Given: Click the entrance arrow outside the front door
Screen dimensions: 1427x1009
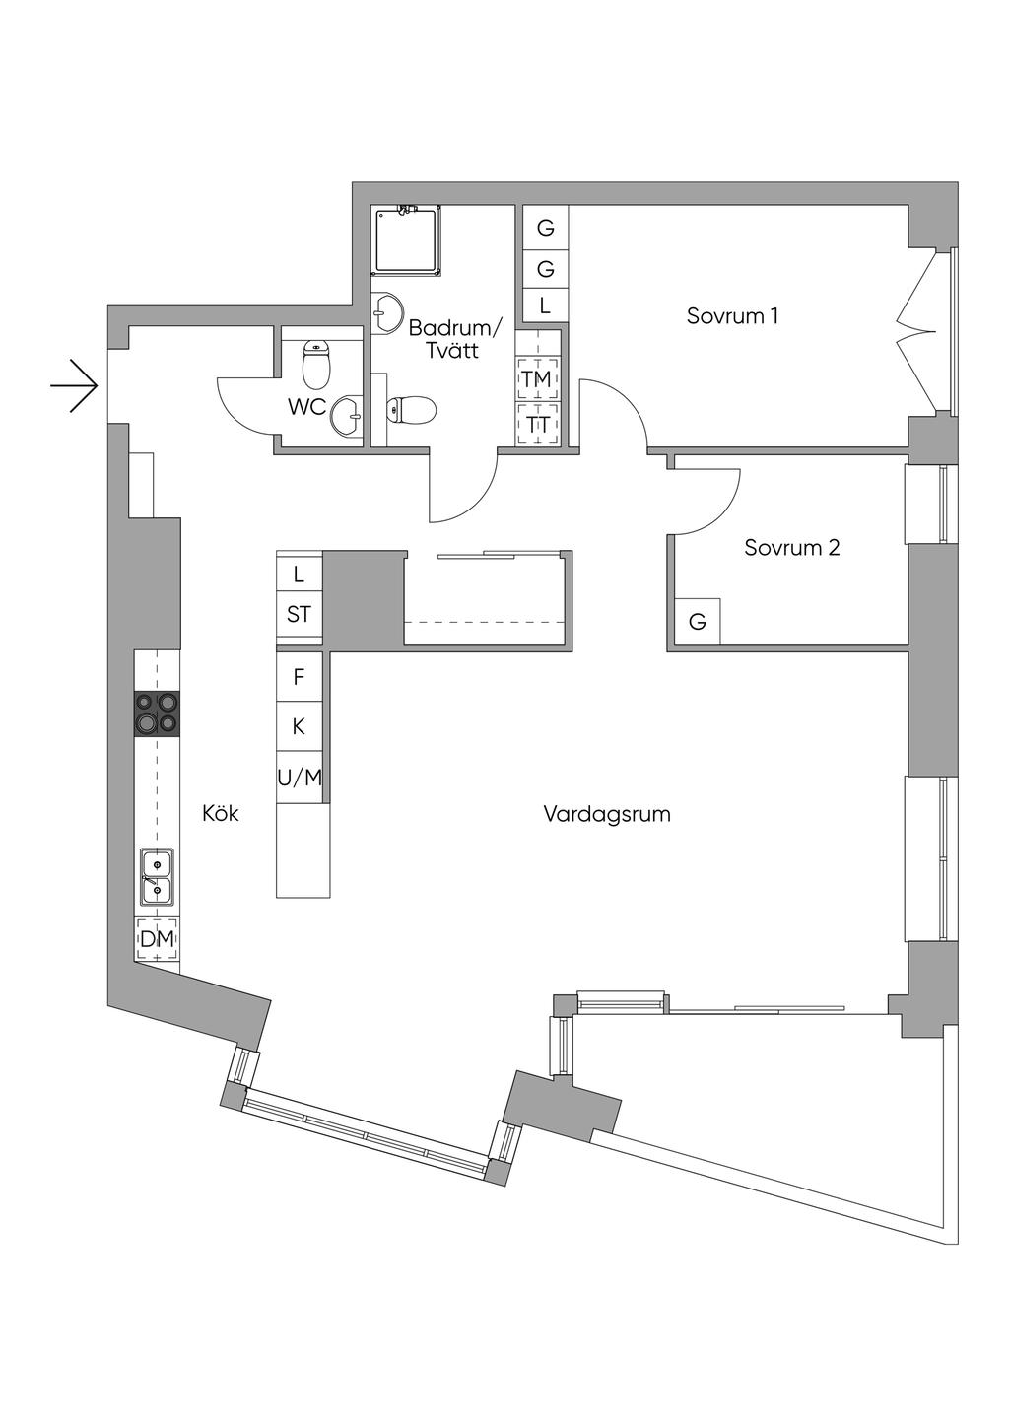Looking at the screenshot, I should pyautogui.click(x=76, y=385).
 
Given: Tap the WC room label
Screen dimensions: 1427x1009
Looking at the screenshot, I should pyautogui.click(x=306, y=407).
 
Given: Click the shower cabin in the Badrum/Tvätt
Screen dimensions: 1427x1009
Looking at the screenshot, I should pyautogui.click(x=406, y=240).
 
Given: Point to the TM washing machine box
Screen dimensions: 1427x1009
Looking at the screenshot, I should pyautogui.click(x=537, y=379).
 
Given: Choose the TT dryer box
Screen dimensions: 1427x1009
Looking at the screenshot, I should pyautogui.click(x=537, y=425).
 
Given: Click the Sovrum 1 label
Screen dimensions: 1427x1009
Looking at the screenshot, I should pyautogui.click(x=732, y=316).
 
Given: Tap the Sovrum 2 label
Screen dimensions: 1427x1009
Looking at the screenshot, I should pyautogui.click(x=791, y=548).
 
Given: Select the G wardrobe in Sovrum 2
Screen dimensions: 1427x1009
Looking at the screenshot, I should pyautogui.click(x=697, y=622).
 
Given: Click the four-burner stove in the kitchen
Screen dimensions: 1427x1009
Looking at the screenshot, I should pyautogui.click(x=158, y=713).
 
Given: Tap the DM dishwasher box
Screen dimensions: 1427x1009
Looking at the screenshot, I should pyautogui.click(x=157, y=940).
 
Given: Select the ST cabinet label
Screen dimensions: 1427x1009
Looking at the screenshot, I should pyautogui.click(x=299, y=615).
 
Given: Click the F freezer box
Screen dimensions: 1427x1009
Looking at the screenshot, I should pyautogui.click(x=299, y=677).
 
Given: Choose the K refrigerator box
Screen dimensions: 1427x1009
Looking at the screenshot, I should pyautogui.click(x=299, y=727).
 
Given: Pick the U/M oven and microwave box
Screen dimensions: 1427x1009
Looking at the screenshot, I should pyautogui.click(x=300, y=778).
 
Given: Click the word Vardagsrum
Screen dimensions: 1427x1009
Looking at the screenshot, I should pyautogui.click(x=607, y=814).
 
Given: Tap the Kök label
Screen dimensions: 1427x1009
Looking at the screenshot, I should pyautogui.click(x=221, y=814).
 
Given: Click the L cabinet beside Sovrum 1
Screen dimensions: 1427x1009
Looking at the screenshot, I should pyautogui.click(x=545, y=306).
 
